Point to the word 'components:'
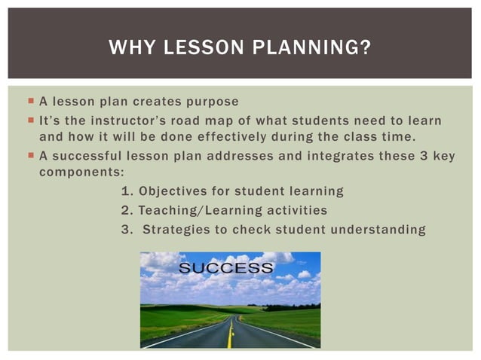coord(81,172)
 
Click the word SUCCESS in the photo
coord(226,268)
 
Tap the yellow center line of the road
coord(230,331)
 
